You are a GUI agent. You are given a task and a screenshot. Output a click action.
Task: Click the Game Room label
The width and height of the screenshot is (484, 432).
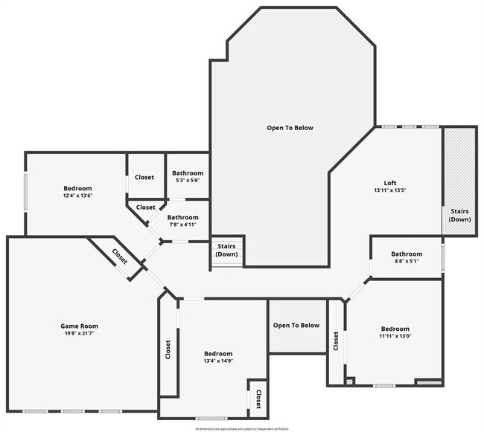pos(79,326)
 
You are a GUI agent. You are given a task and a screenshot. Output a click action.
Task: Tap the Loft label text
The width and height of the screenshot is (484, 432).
pos(390,183)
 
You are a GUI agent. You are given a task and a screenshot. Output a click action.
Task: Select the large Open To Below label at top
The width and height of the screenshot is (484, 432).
pos(290,128)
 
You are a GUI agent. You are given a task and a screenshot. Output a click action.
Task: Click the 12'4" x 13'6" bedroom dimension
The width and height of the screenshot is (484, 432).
pos(77,196)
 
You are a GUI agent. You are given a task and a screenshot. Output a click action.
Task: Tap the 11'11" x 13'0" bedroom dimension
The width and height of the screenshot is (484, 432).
pos(395,337)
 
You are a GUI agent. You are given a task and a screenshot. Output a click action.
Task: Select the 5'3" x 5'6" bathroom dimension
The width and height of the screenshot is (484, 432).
pos(186,181)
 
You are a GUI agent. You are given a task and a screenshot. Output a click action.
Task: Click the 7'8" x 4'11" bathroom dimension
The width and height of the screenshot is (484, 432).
pos(182,225)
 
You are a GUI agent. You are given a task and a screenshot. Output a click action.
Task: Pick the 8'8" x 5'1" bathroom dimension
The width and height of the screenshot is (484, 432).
pos(407,262)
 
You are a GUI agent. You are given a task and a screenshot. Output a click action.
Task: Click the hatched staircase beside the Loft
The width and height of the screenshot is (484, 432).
pos(459,181)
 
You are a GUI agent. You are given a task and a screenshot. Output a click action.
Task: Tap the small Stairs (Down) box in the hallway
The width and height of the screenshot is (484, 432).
pos(226,251)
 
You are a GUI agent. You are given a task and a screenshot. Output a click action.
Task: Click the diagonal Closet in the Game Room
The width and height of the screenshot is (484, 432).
pos(119,256)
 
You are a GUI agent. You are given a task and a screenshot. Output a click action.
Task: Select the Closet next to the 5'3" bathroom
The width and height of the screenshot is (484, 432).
pos(144,177)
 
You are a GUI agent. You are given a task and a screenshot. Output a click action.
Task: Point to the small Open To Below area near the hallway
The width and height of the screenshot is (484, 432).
pos(296,326)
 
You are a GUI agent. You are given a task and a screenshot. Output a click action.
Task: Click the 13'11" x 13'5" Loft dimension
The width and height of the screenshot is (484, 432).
pos(390,191)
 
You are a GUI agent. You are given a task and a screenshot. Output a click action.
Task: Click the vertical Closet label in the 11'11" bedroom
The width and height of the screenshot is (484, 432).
pos(336,341)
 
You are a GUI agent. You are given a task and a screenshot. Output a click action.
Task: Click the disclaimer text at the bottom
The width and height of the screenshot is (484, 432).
pos(241,429)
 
